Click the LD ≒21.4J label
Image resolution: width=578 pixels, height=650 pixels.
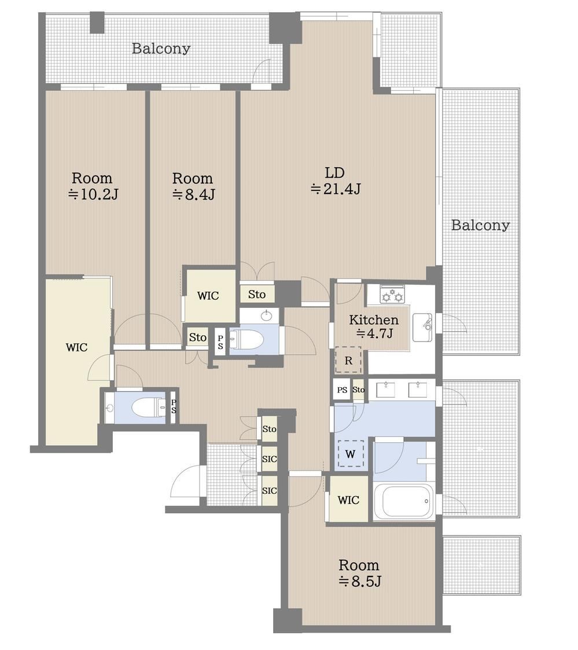tap(335, 181)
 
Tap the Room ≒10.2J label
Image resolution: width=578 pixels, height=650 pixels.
tap(93, 186)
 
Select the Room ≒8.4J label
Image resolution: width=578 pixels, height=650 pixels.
tap(193, 186)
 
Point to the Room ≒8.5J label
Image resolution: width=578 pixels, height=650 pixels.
tap(359, 573)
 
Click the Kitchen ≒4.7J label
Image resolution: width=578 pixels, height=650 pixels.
tap(374, 326)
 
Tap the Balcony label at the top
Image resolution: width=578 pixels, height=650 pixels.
tap(161, 49)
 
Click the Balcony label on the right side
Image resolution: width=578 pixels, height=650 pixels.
tap(480, 225)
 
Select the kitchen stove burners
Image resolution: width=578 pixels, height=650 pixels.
tap(392, 293)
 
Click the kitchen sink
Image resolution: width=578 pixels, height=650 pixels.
tap(422, 326)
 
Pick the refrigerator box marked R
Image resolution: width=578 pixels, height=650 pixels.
tap(348, 360)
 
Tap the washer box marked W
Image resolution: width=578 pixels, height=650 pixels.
tap(351, 454)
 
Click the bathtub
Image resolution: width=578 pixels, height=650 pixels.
tap(404, 502)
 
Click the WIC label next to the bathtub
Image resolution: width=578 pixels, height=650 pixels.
tap(348, 500)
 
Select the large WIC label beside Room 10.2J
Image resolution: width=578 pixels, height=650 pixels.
tap(76, 347)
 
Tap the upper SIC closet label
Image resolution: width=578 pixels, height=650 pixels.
tap(269, 459)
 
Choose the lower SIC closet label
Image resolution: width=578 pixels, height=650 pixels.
tap(269, 490)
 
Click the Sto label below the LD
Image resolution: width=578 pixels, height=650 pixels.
tap(257, 295)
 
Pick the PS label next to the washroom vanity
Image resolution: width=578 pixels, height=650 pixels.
tap(342, 390)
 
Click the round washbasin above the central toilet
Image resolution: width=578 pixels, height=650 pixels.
tap(266, 316)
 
